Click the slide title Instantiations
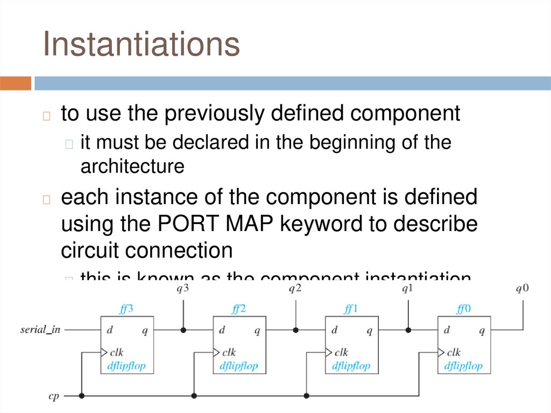coord(142,44)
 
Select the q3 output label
coord(183,289)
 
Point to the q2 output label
coord(295,289)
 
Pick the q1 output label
coord(407,289)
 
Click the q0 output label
coord(522,289)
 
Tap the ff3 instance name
coord(126,309)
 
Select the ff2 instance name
coord(239,309)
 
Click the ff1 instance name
coord(351,309)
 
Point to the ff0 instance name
coord(463,309)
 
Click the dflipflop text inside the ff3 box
coord(126,366)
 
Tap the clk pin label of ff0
coord(454,353)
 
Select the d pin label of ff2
coord(222,330)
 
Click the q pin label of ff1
coord(369,331)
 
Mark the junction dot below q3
coord(183,330)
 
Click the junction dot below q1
coord(408,330)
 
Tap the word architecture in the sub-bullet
coord(132,166)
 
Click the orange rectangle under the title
coord(16,83)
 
